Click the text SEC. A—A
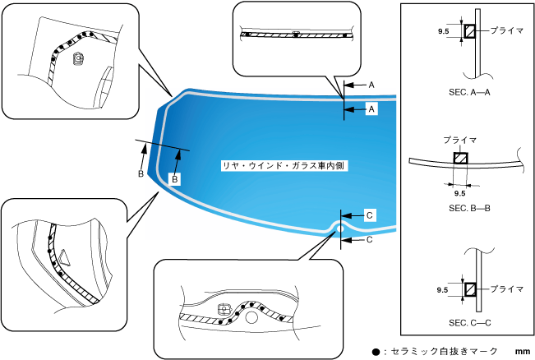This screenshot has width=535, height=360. coord(469,93)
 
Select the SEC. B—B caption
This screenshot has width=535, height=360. coord(469,209)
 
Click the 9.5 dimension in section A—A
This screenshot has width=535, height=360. coord(444,31)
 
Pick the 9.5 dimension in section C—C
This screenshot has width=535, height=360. coord(443,290)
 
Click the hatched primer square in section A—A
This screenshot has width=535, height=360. coord(470,31)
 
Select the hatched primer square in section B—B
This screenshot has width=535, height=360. coord(461,159)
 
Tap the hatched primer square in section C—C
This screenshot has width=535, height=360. coord(470,289)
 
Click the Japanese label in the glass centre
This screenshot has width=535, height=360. coord(285,165)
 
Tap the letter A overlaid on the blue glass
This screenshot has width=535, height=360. coord(371,108)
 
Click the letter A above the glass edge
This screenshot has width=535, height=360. coord(371,85)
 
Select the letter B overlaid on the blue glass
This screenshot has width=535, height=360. coord(174,178)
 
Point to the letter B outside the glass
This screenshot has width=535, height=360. coord(141,174)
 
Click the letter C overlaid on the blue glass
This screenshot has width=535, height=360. coord(369,215)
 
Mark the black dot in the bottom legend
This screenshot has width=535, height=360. coord(376,352)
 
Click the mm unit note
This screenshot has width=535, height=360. coord(523,352)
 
